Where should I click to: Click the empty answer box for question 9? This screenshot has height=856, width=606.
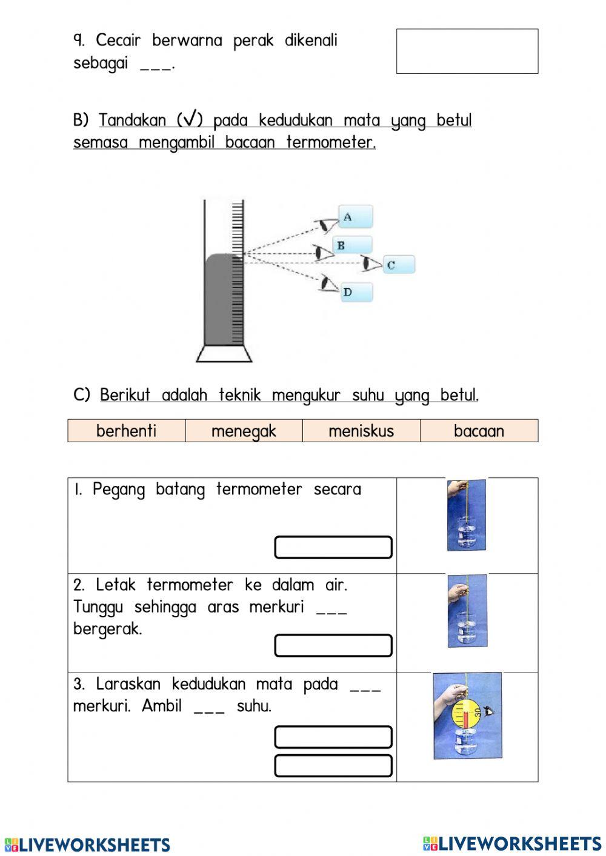point(467,51)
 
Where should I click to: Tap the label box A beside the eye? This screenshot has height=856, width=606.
point(355,217)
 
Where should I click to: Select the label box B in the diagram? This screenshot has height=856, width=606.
point(352,245)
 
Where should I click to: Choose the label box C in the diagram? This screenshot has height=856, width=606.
point(399,265)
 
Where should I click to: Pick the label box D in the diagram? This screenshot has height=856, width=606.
point(356,292)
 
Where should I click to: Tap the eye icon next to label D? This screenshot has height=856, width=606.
point(328,284)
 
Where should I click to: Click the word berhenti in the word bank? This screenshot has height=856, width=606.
point(126,431)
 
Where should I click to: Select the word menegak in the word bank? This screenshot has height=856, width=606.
point(244,431)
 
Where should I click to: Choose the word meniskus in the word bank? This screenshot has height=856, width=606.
point(361,431)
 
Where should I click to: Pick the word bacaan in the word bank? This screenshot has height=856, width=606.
point(479,431)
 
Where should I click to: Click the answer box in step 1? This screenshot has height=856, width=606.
point(333,547)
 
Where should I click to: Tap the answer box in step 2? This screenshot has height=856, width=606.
point(333,646)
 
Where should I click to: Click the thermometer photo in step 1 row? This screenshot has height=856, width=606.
point(467,516)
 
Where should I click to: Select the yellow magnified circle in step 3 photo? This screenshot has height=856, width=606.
point(466,714)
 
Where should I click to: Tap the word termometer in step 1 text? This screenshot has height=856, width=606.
point(259,489)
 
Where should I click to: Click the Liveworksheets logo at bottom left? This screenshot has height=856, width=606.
point(87,844)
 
